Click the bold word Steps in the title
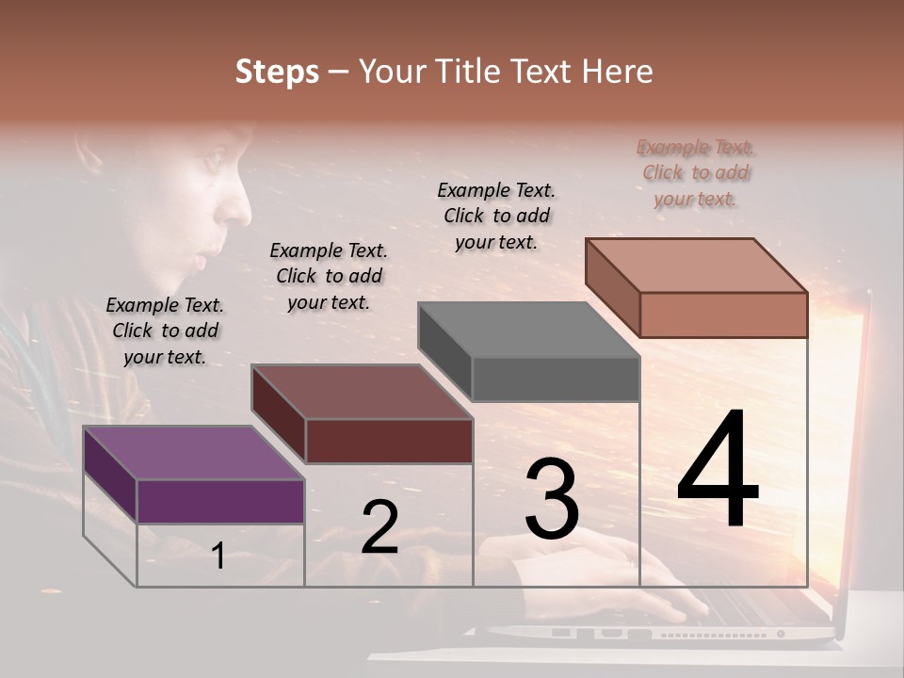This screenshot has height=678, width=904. tap(277, 72)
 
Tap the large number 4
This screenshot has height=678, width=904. tap(718, 470)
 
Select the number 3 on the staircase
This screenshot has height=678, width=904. tap(551, 499)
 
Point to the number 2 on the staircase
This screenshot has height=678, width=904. tap(379, 527)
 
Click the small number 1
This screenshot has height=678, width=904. tap(218, 557)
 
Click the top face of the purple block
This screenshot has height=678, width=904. tap(193, 453)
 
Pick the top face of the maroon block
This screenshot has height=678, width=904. tap(362, 392)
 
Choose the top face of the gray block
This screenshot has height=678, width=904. tap(528, 330)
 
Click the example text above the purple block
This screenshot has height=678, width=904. tap(165, 331)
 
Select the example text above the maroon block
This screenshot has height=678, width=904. tap(329, 276)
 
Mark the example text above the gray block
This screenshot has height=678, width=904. tap(496, 216)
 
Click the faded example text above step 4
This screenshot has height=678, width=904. tap(696, 172)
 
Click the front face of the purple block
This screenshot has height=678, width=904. tap(220, 501)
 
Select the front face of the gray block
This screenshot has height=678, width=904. tap(556, 379)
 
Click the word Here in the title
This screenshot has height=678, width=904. tap(618, 72)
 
